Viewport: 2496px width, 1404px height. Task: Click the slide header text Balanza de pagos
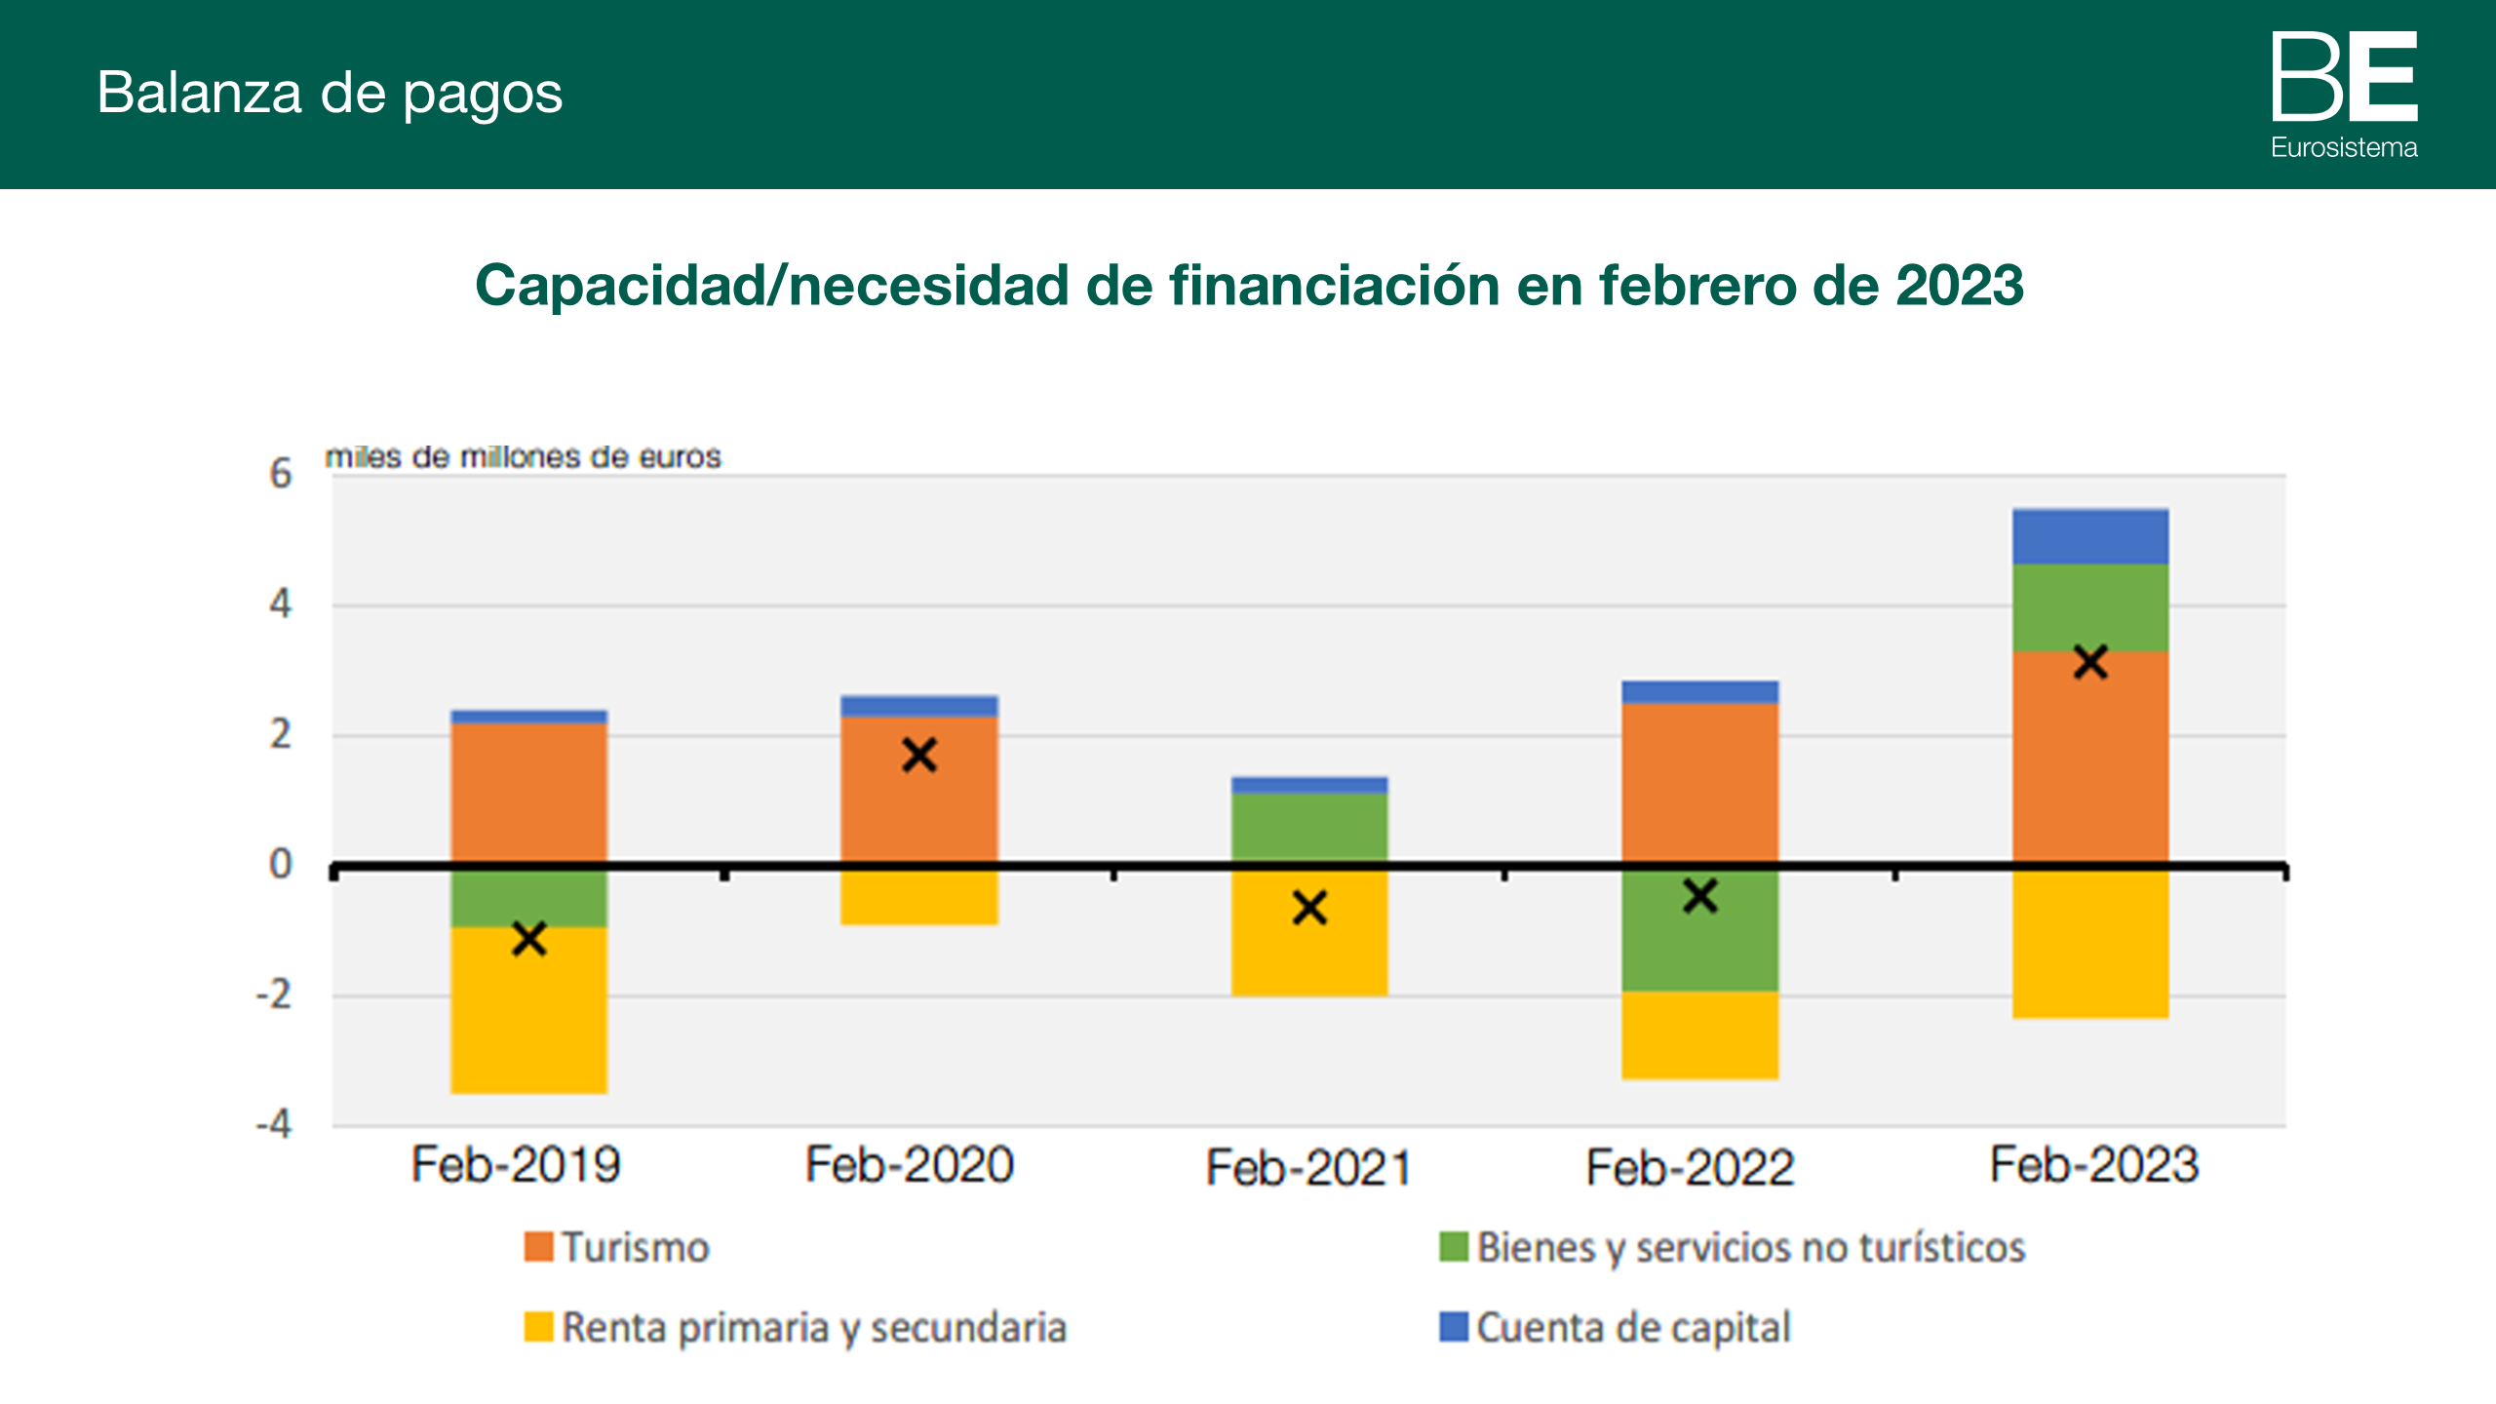pyautogui.click(x=330, y=94)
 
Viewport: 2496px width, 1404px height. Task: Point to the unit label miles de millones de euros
pyautogui.click(x=523, y=456)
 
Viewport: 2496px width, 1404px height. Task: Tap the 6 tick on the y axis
pyautogui.click(x=281, y=474)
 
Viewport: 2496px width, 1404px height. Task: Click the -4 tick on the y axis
pyautogui.click(x=274, y=1124)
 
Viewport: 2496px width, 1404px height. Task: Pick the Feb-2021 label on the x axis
pyautogui.click(x=1308, y=1167)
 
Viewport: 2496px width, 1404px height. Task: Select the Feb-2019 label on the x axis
pyautogui.click(x=516, y=1164)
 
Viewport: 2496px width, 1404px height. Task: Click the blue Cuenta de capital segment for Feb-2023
pyautogui.click(x=2090, y=536)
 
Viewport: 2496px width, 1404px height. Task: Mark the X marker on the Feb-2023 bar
pyautogui.click(x=2090, y=663)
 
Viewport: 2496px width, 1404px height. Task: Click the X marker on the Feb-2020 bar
pyautogui.click(x=918, y=756)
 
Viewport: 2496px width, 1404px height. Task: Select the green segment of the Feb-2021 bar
pyautogui.click(x=1308, y=827)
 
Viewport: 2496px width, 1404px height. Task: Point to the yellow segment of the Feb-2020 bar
pyautogui.click(x=918, y=897)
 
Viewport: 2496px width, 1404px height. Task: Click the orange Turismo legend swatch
pyautogui.click(x=538, y=1247)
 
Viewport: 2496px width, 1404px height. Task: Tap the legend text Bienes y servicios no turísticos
pyautogui.click(x=1750, y=1248)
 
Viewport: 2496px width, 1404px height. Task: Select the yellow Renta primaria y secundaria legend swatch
pyautogui.click(x=538, y=1327)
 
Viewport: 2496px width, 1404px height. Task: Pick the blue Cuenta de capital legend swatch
pyautogui.click(x=1454, y=1327)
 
